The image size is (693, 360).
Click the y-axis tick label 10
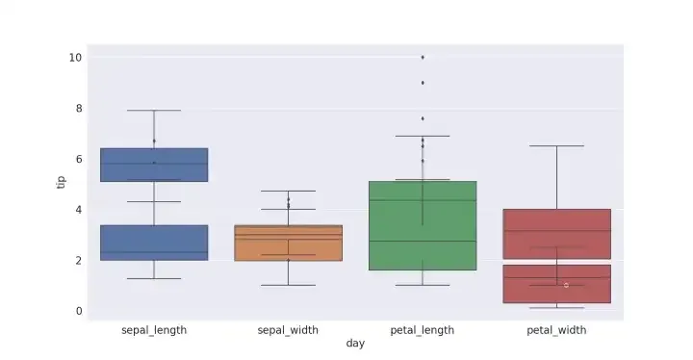pos(75,58)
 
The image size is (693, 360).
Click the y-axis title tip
pos(61,182)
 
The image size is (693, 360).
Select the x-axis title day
pos(355,344)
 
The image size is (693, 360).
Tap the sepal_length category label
pos(154,330)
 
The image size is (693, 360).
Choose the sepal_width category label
pos(288,330)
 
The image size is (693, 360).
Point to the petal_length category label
pos(423,330)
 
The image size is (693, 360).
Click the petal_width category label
pos(556,330)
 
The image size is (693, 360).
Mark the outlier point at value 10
pos(423,58)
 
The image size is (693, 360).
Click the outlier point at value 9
pos(423,83)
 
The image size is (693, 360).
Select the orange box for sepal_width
pos(288,244)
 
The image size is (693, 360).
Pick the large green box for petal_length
pos(423,225)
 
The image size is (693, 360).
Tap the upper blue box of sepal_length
pos(154,165)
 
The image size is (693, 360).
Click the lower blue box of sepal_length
pos(154,243)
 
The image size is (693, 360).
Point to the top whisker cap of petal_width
pos(556,145)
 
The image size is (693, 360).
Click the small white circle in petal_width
pos(566,285)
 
